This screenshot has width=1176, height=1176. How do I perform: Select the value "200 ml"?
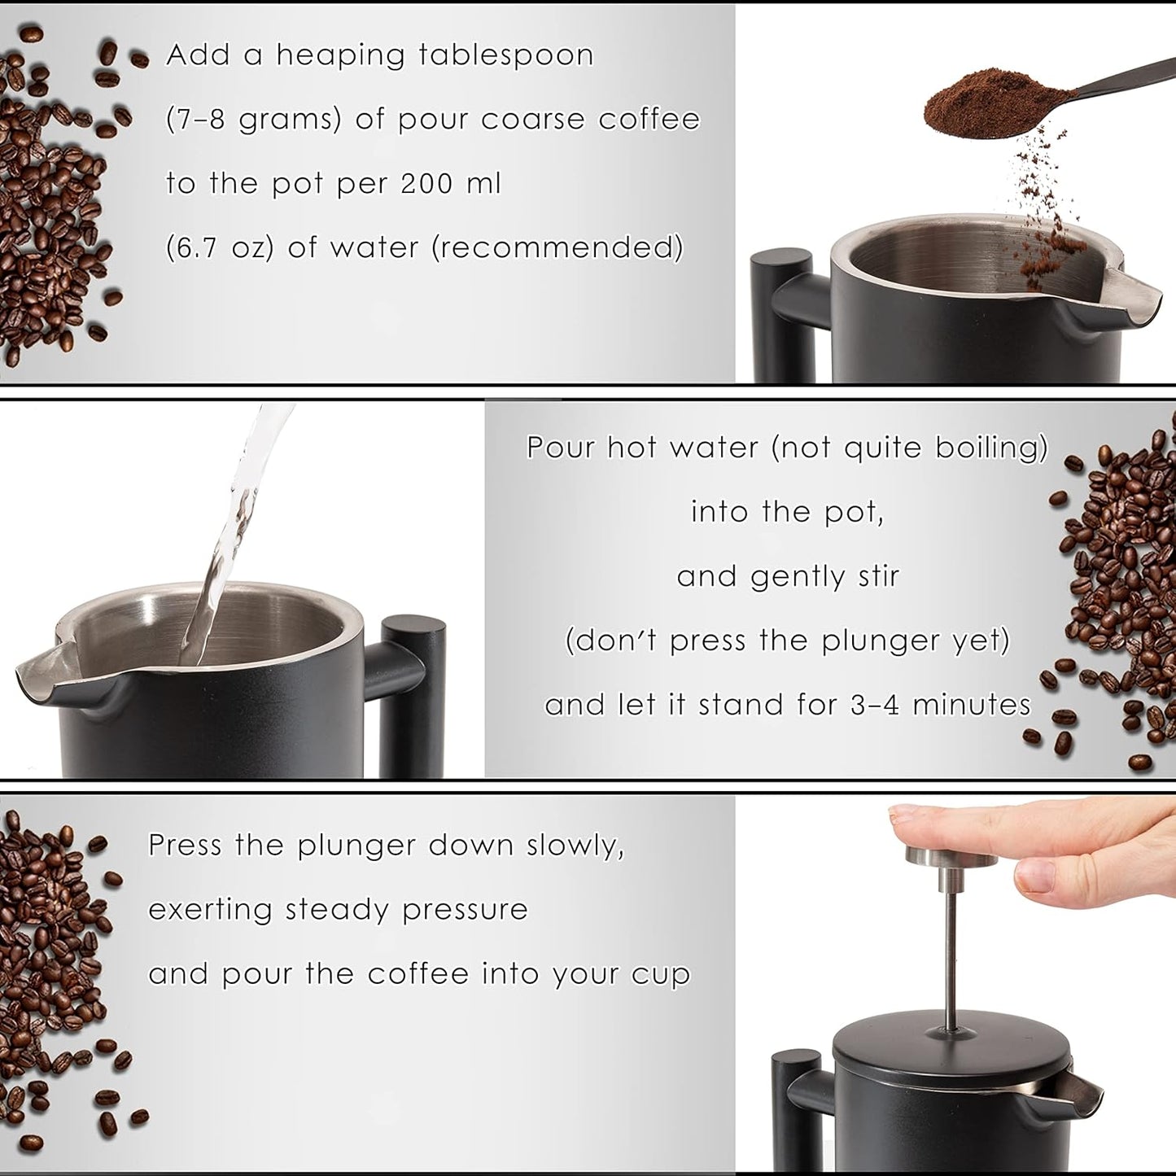coord(451,184)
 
